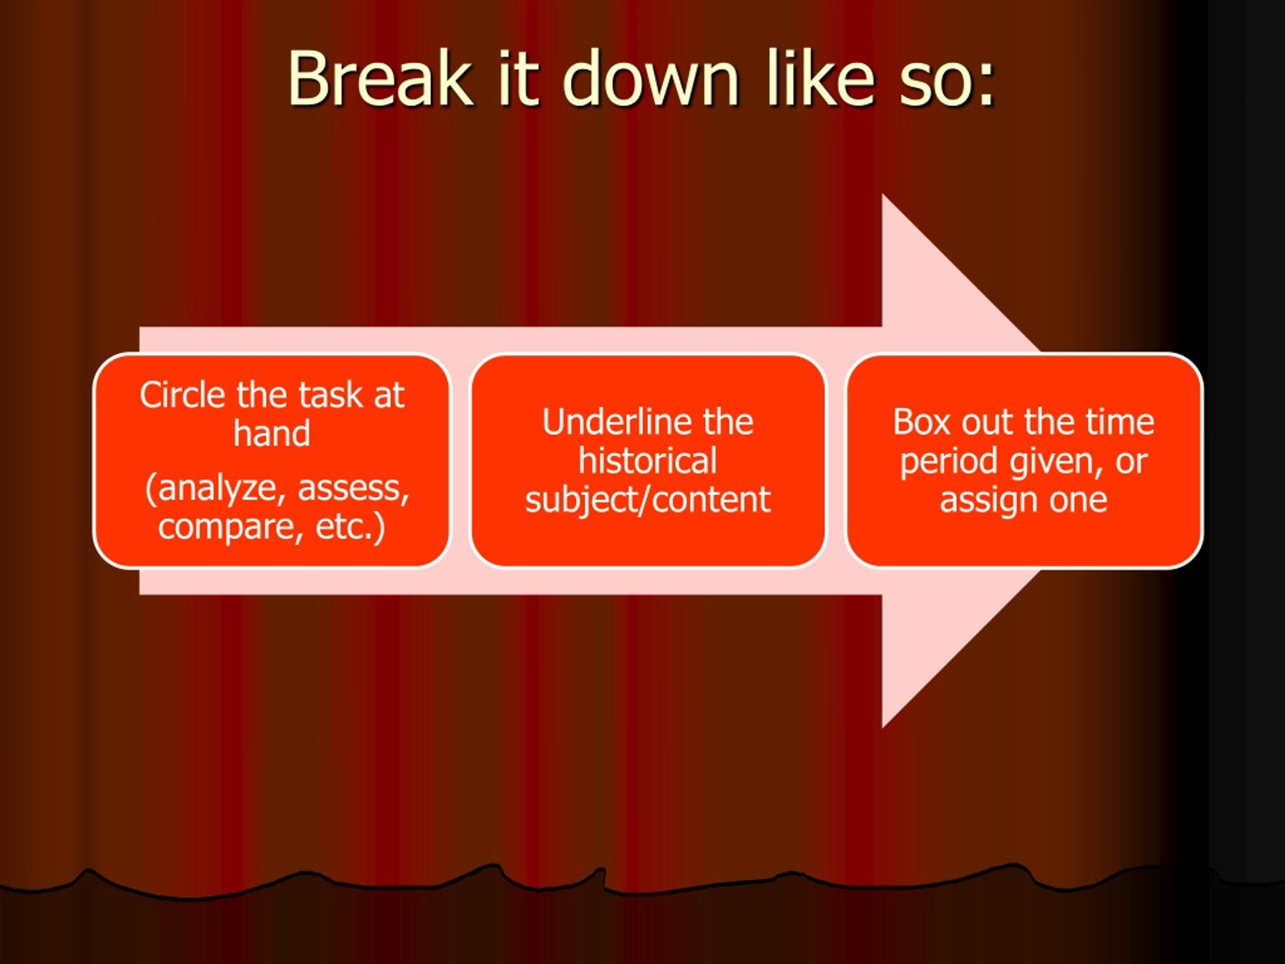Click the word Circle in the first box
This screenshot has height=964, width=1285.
tap(182, 395)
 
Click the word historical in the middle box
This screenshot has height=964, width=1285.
tap(647, 461)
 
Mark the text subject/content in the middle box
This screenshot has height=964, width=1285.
tap(648, 500)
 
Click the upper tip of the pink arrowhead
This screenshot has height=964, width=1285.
tap(882, 194)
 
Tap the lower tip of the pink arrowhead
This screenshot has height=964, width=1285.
tap(882, 728)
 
